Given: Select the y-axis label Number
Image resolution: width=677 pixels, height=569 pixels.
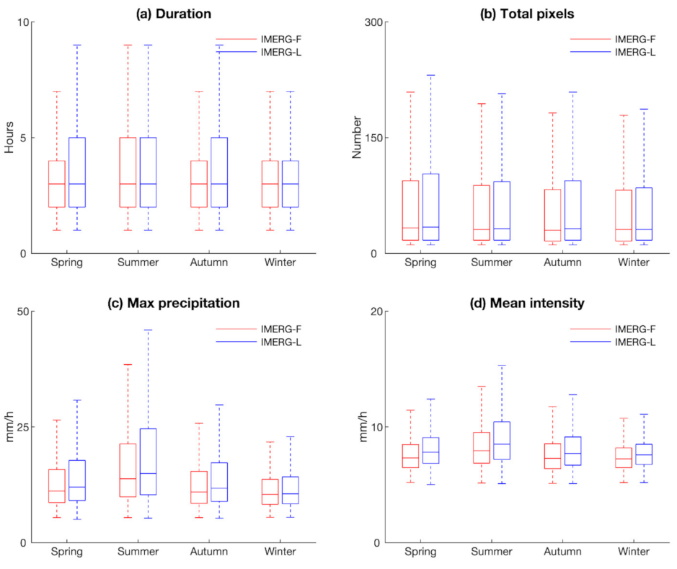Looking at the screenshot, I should pos(355,138).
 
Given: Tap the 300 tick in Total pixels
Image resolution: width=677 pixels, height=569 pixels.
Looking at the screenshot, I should pos(376,22).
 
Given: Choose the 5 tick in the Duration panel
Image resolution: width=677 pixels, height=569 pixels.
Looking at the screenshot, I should pos(25,138).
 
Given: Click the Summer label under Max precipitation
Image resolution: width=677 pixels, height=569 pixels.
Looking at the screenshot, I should pos(137,552).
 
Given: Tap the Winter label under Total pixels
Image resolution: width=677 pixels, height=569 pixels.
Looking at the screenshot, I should pos(634,263).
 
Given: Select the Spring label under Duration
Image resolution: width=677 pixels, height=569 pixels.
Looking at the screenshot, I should pos(67,263).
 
